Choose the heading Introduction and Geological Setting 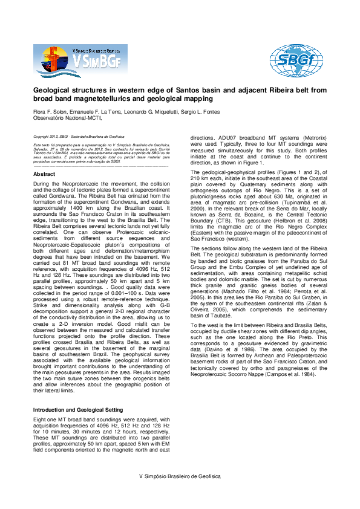coord(78,410)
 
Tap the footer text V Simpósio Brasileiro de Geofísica coord(180,476)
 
